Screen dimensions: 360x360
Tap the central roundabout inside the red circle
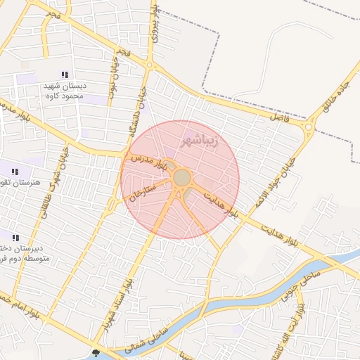[x=181, y=177]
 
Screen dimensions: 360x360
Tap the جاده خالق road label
[x=331, y=98]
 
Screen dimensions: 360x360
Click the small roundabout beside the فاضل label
[x=308, y=127]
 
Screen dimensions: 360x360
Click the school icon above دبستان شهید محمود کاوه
[x=65, y=75]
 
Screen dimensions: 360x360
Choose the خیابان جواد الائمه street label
[x=288, y=166]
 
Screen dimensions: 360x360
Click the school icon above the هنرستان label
[x=15, y=171]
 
